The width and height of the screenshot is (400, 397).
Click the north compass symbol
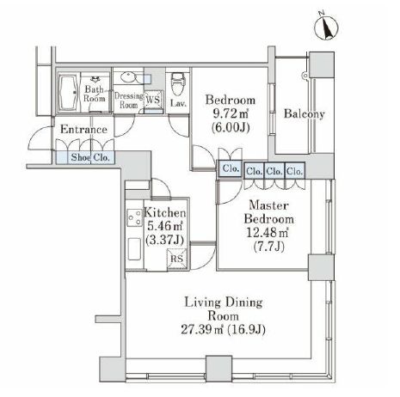coord(326,27)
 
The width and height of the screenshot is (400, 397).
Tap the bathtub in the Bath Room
coord(69,92)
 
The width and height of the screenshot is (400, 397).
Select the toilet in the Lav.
coord(176,84)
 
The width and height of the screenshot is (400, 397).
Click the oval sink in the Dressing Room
coord(127,76)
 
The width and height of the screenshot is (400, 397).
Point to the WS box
coord(153,100)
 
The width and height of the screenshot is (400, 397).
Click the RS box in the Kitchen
coord(177,259)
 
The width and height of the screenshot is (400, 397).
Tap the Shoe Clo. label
coord(90,157)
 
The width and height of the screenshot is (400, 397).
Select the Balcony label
coord(305,114)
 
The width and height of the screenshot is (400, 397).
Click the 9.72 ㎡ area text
coord(231,114)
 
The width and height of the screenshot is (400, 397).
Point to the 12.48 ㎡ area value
coord(268,233)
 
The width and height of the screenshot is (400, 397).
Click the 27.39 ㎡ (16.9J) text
coord(223,330)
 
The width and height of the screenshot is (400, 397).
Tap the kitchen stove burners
coord(135,218)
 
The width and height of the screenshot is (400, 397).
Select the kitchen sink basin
coord(134,249)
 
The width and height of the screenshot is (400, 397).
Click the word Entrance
coord(83,130)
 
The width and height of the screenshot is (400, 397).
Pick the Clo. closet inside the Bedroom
coord(231,168)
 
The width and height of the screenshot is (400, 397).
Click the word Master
coord(268,205)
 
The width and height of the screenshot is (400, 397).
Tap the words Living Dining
coord(224,302)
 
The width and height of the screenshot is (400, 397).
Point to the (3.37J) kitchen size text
coord(164,240)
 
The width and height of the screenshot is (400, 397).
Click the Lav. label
coord(178,103)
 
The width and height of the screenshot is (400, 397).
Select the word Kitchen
coord(165,213)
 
